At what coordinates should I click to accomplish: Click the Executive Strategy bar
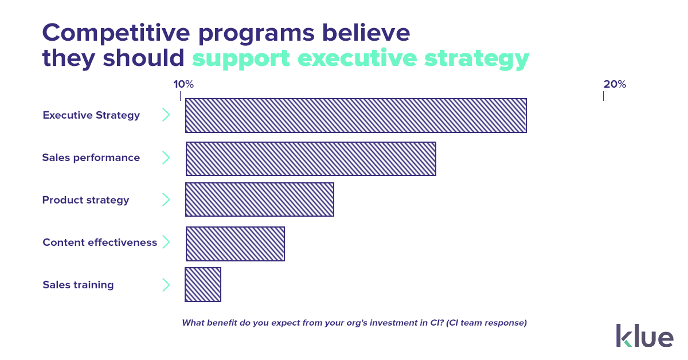click(x=355, y=116)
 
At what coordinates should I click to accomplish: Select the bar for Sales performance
click(x=311, y=159)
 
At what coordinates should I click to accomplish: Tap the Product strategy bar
click(x=259, y=200)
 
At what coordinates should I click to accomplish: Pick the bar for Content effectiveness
click(x=235, y=244)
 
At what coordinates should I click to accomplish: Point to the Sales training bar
click(x=203, y=285)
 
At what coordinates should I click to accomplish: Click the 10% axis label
click(x=183, y=84)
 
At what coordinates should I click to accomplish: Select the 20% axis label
click(x=615, y=84)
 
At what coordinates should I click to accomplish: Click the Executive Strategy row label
click(x=91, y=115)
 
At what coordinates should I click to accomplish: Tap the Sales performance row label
click(x=91, y=158)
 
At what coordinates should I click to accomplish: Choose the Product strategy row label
click(x=85, y=200)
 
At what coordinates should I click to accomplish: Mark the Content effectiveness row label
click(x=99, y=242)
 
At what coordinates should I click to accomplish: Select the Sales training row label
click(x=78, y=285)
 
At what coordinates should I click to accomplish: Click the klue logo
click(x=644, y=335)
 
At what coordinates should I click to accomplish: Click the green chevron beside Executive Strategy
click(x=166, y=115)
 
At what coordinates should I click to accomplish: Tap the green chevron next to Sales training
click(x=166, y=285)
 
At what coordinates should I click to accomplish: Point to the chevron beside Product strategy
click(x=166, y=200)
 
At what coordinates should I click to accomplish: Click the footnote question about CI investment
click(x=354, y=323)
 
